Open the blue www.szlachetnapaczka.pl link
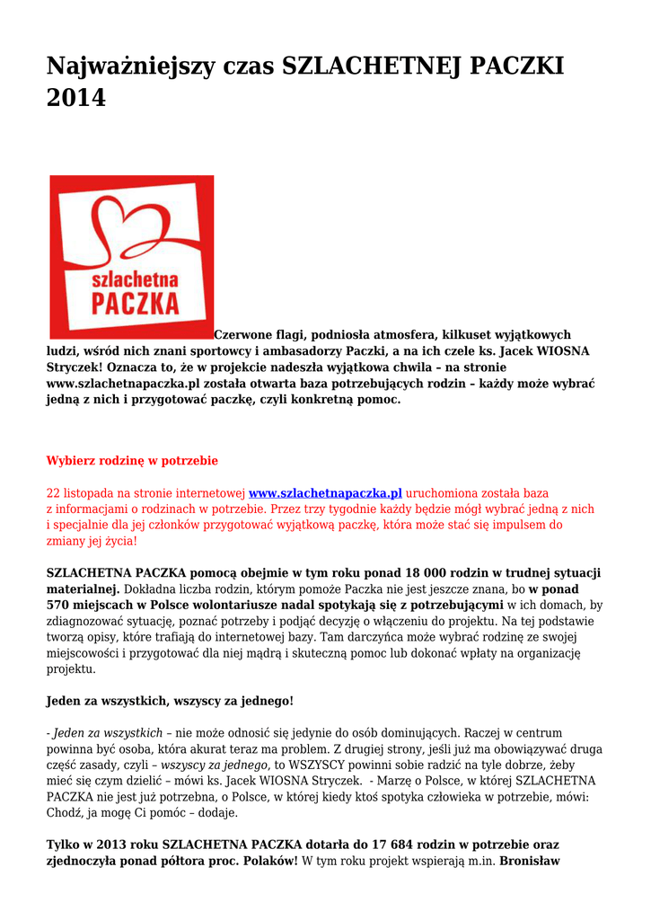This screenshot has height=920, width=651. point(325,493)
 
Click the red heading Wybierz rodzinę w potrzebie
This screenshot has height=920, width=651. point(132,460)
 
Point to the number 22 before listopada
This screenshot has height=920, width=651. point(53,493)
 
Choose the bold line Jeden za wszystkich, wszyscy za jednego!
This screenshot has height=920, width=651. point(170,700)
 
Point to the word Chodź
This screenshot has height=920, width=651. point(65,813)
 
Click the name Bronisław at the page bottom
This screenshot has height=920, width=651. point(529,861)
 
